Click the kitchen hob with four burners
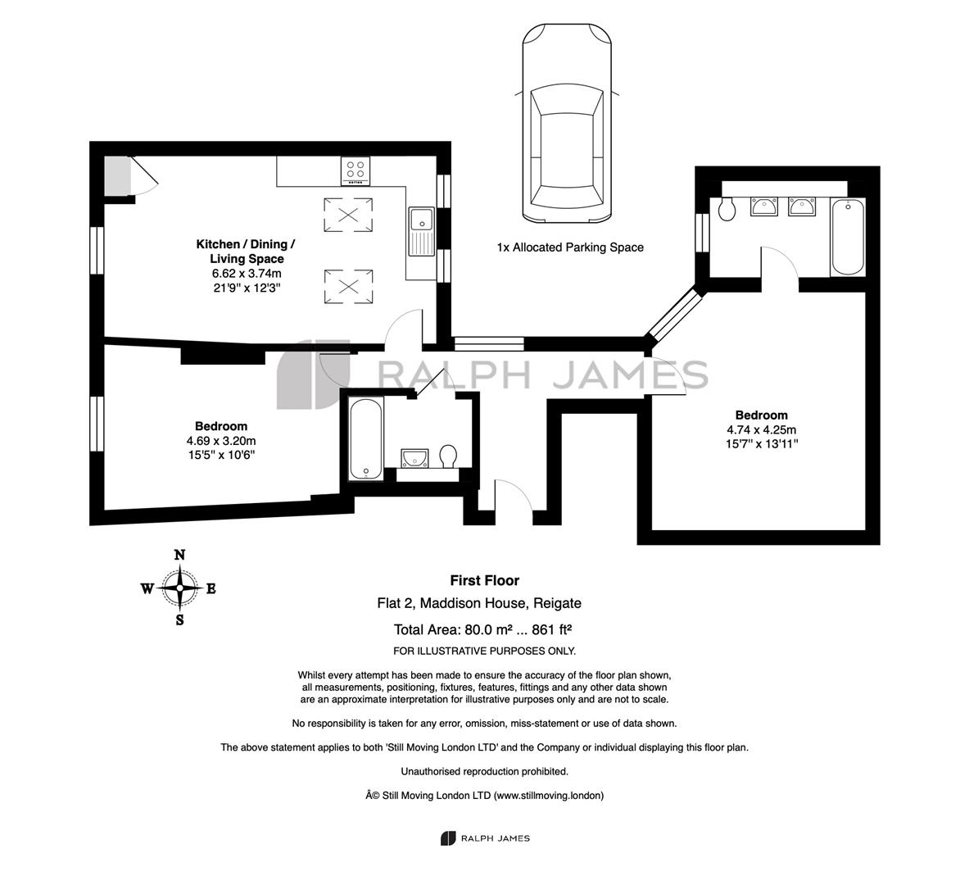pos(355,170)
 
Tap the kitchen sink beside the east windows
pos(422,231)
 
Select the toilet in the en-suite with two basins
pos(727,209)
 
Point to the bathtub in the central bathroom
pos(366,439)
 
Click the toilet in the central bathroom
pos(449,456)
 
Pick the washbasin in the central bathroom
pos(414,458)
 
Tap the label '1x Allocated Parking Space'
pos(570,247)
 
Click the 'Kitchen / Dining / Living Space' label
pos(246,252)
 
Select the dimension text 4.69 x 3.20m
pos(221,441)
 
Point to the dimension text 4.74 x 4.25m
pos(762,430)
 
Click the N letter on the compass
pos(180,555)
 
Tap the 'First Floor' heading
pos(485,580)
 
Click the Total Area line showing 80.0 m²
pos(482,629)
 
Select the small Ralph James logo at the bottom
pos(485,838)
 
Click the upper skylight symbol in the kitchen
pos(349,215)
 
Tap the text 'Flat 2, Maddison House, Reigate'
pos(479,603)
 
